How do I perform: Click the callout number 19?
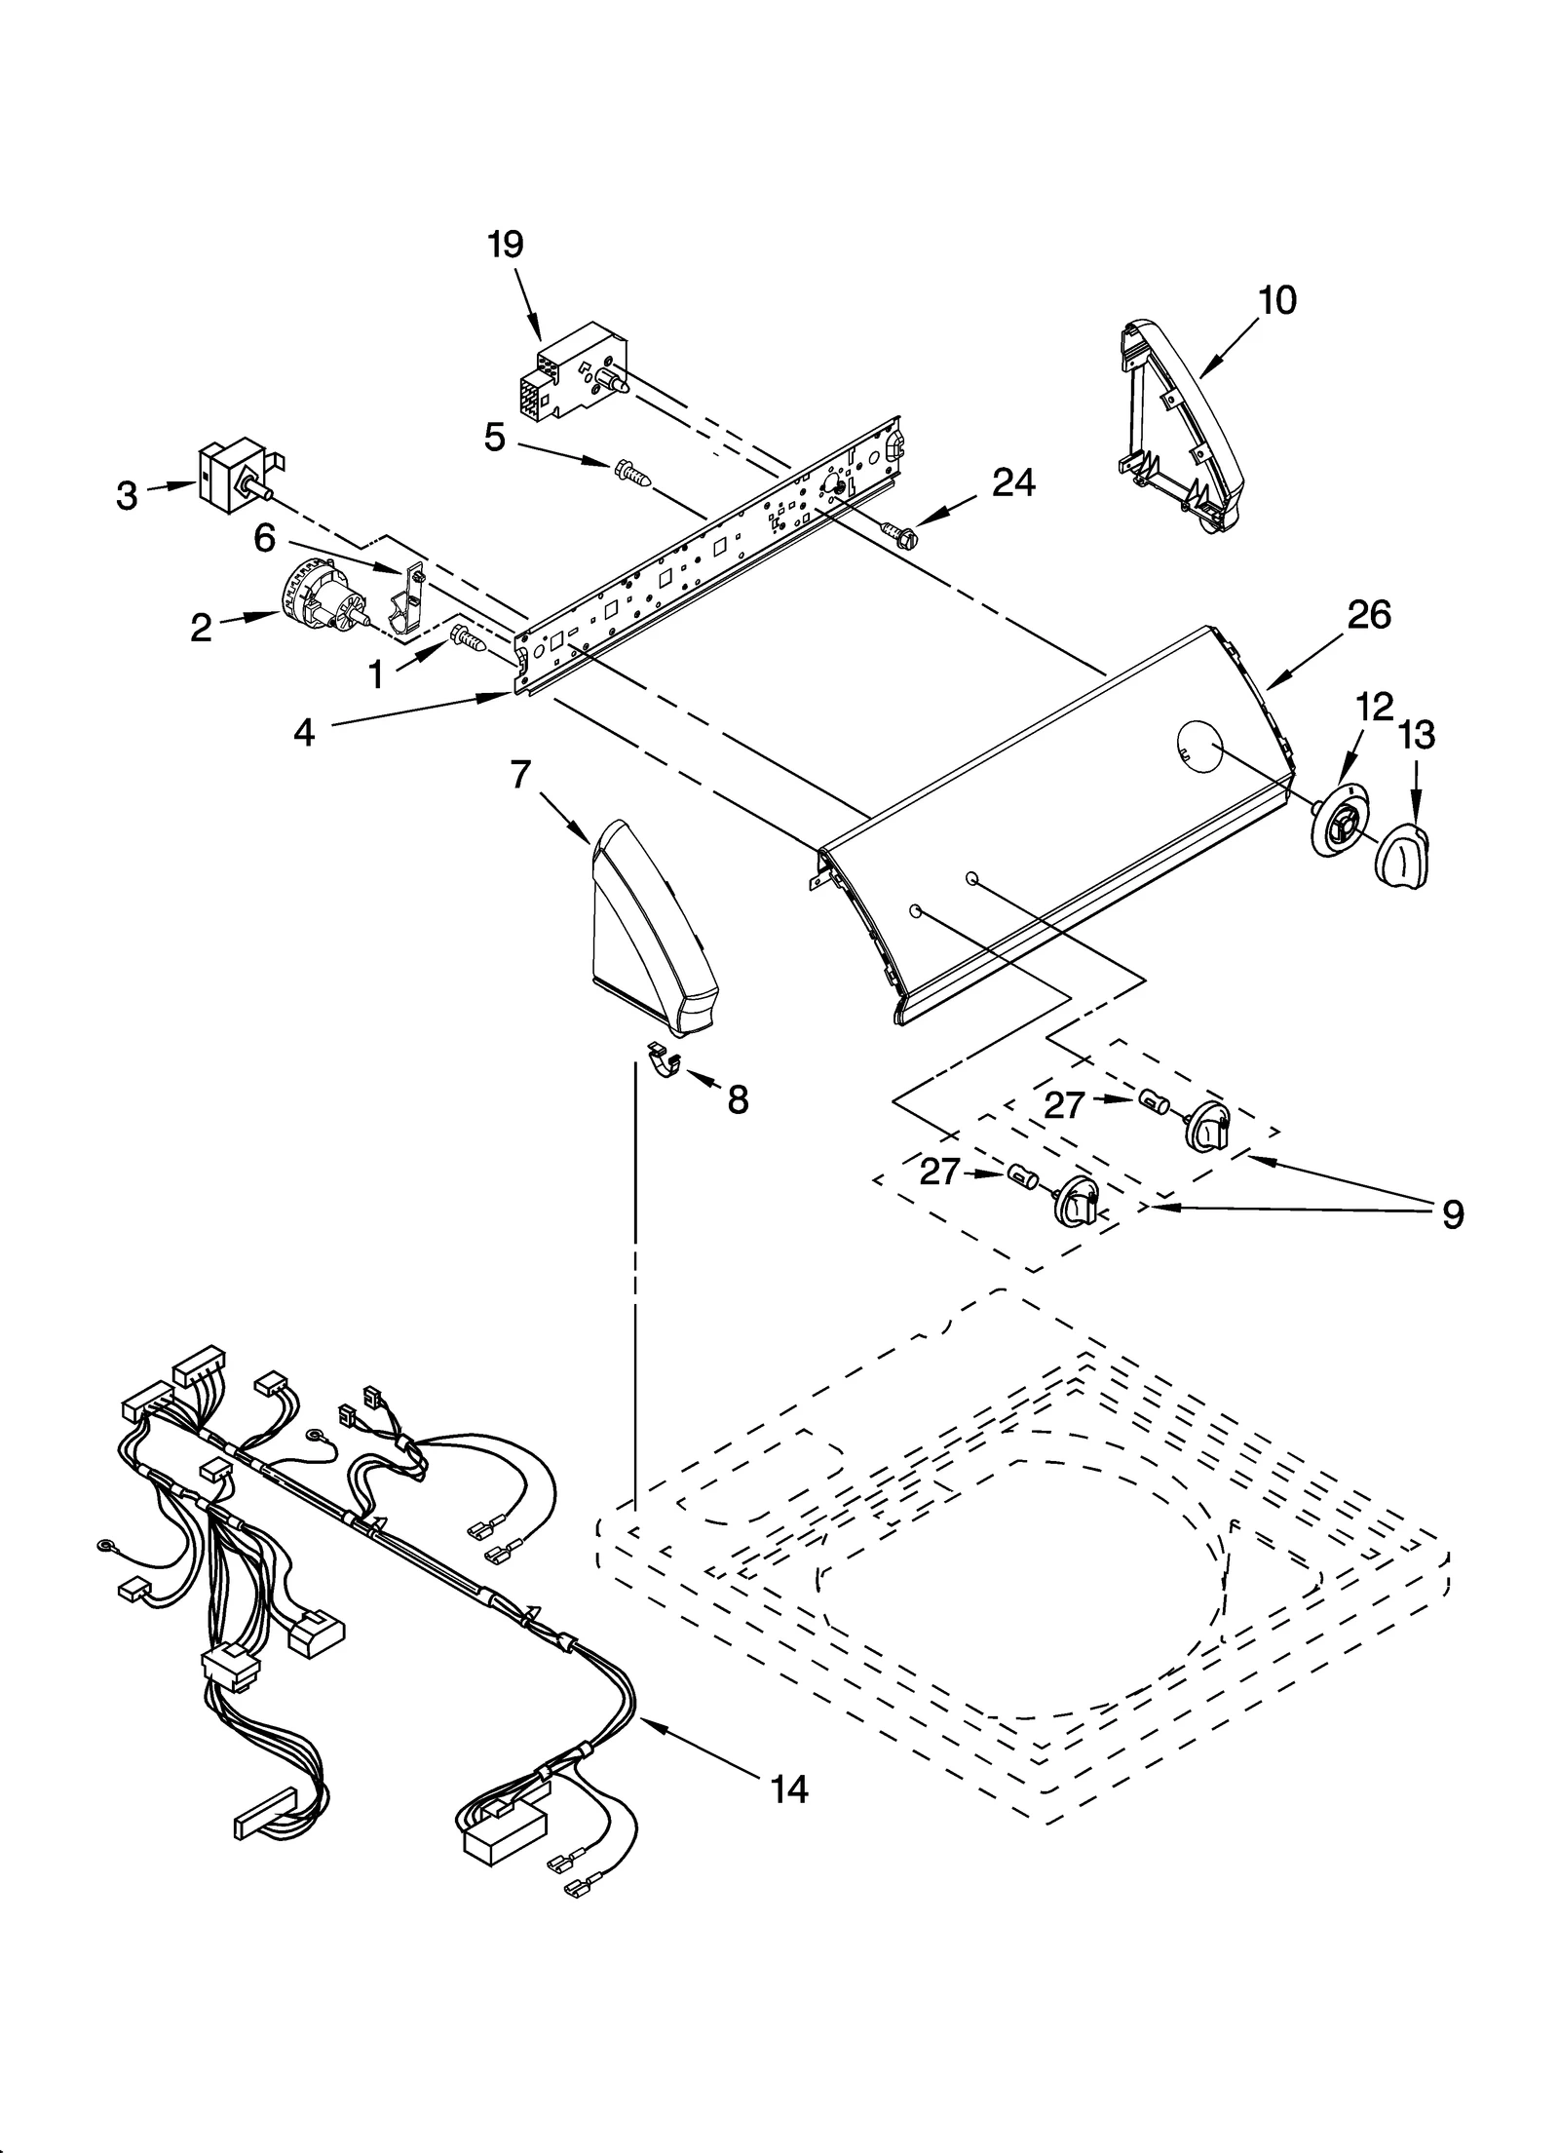click(x=506, y=245)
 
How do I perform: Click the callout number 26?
click(x=1369, y=615)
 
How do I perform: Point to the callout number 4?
click(x=305, y=733)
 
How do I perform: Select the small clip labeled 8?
click(x=665, y=1061)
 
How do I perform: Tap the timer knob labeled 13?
click(x=1403, y=855)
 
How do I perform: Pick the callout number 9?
click(x=1452, y=1214)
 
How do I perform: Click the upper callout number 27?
click(x=1064, y=1105)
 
